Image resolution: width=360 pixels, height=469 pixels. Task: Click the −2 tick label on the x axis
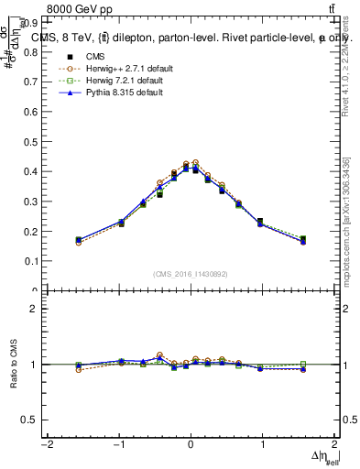click(46, 444)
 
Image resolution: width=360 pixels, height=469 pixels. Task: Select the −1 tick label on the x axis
click(118, 444)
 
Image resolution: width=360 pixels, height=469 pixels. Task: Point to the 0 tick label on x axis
click(191, 444)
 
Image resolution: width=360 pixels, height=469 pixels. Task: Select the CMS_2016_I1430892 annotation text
click(190, 274)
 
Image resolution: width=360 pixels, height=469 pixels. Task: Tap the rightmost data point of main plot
click(303, 240)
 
